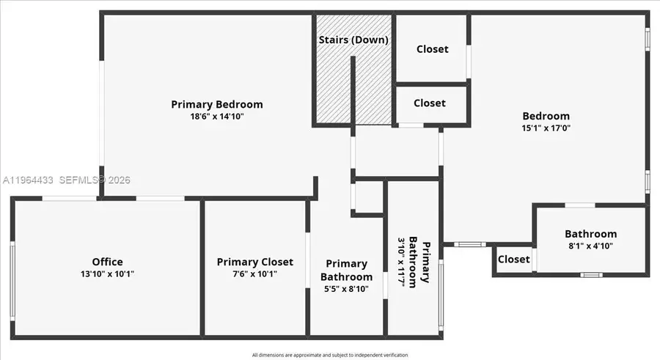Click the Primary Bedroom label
(216, 104)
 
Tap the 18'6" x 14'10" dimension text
(216, 117)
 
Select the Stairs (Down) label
(353, 40)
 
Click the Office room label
(107, 262)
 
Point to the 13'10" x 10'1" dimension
(107, 274)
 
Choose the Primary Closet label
(254, 262)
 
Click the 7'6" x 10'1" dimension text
(254, 274)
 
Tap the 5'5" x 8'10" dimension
(346, 289)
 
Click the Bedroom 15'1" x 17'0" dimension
(546, 128)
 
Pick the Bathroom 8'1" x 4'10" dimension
(590, 246)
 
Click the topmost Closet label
(432, 49)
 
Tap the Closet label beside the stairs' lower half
(429, 103)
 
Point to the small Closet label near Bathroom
(513, 260)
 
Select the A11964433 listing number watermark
(29, 180)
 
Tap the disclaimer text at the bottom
(329, 355)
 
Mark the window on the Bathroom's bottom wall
(590, 275)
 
